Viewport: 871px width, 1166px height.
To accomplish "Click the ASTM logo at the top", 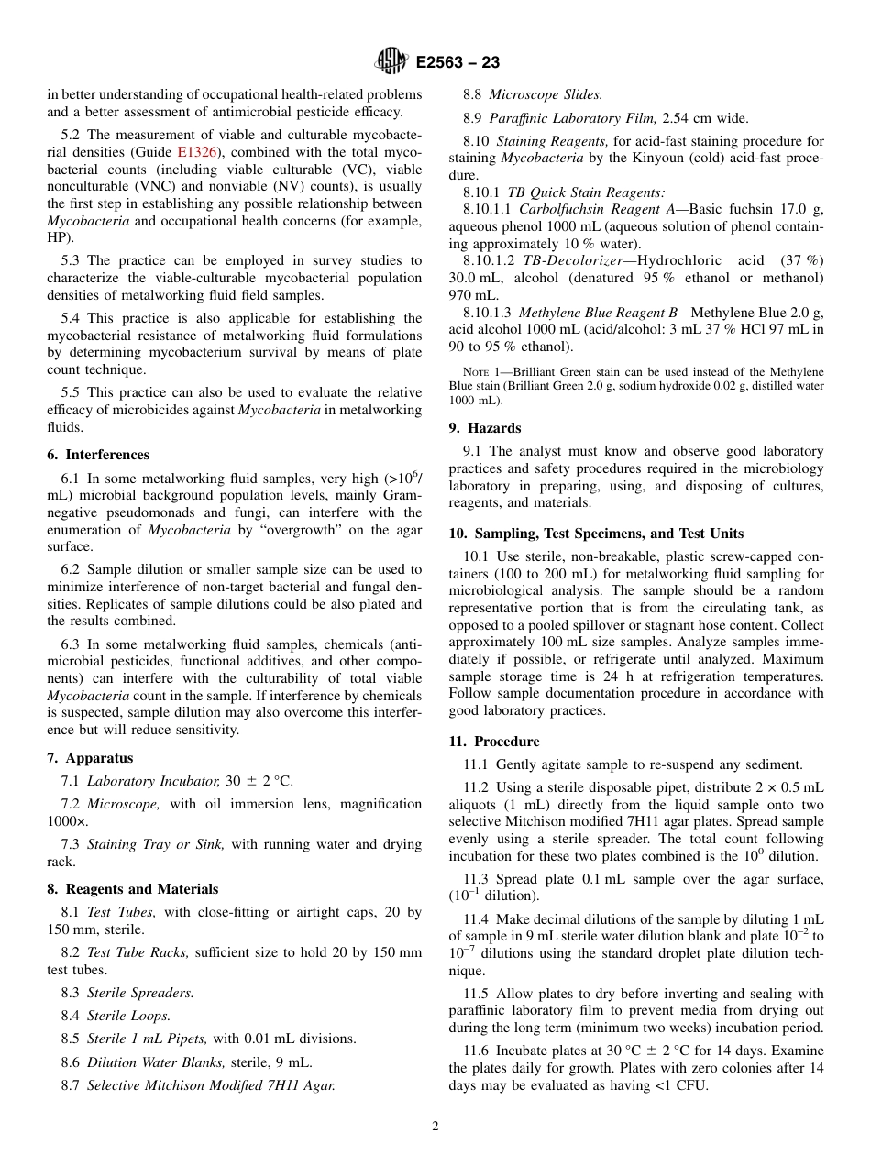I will tap(391, 62).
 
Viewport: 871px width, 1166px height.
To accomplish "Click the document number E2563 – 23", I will tap(458, 63).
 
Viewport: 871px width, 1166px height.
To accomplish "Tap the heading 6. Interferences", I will tap(98, 455).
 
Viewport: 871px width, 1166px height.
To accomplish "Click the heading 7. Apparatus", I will tap(90, 758).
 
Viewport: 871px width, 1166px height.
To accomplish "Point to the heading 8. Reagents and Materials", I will tap(133, 889).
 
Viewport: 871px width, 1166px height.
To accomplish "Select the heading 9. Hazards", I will tap(485, 428).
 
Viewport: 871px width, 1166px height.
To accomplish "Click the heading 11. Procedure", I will tap(494, 742).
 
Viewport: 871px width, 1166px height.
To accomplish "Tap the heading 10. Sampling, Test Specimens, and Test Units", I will tap(596, 533).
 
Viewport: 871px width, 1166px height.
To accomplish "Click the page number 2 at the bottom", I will tap(435, 1127).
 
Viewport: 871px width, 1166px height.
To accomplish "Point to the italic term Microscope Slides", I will tap(546, 94).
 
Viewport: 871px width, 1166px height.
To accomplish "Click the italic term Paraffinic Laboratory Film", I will tap(573, 117).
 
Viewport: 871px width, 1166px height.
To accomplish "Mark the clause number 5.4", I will tap(73, 319).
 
